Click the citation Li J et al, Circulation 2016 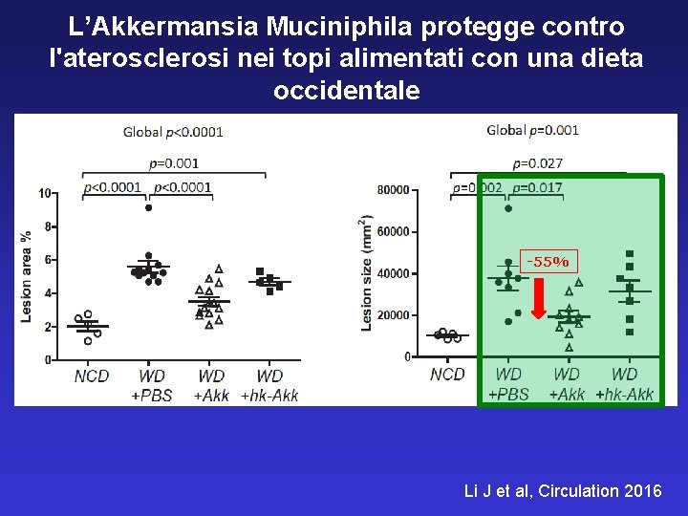pyautogui.click(x=562, y=491)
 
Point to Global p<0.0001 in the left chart pyautogui.click(x=173, y=132)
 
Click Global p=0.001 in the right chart pyautogui.click(x=532, y=130)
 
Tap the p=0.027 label pyautogui.click(x=537, y=163)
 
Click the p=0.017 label pyautogui.click(x=537, y=188)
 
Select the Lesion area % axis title pyautogui.click(x=27, y=275)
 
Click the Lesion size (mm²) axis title pyautogui.click(x=366, y=272)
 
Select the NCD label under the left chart pyautogui.click(x=92, y=376)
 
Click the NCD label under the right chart pyautogui.click(x=447, y=375)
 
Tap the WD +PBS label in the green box pyautogui.click(x=508, y=384)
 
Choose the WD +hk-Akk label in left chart pyautogui.click(x=269, y=386)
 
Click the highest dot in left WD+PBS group pyautogui.click(x=148, y=207)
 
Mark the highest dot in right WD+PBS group pyautogui.click(x=508, y=208)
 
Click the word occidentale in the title pyautogui.click(x=346, y=91)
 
